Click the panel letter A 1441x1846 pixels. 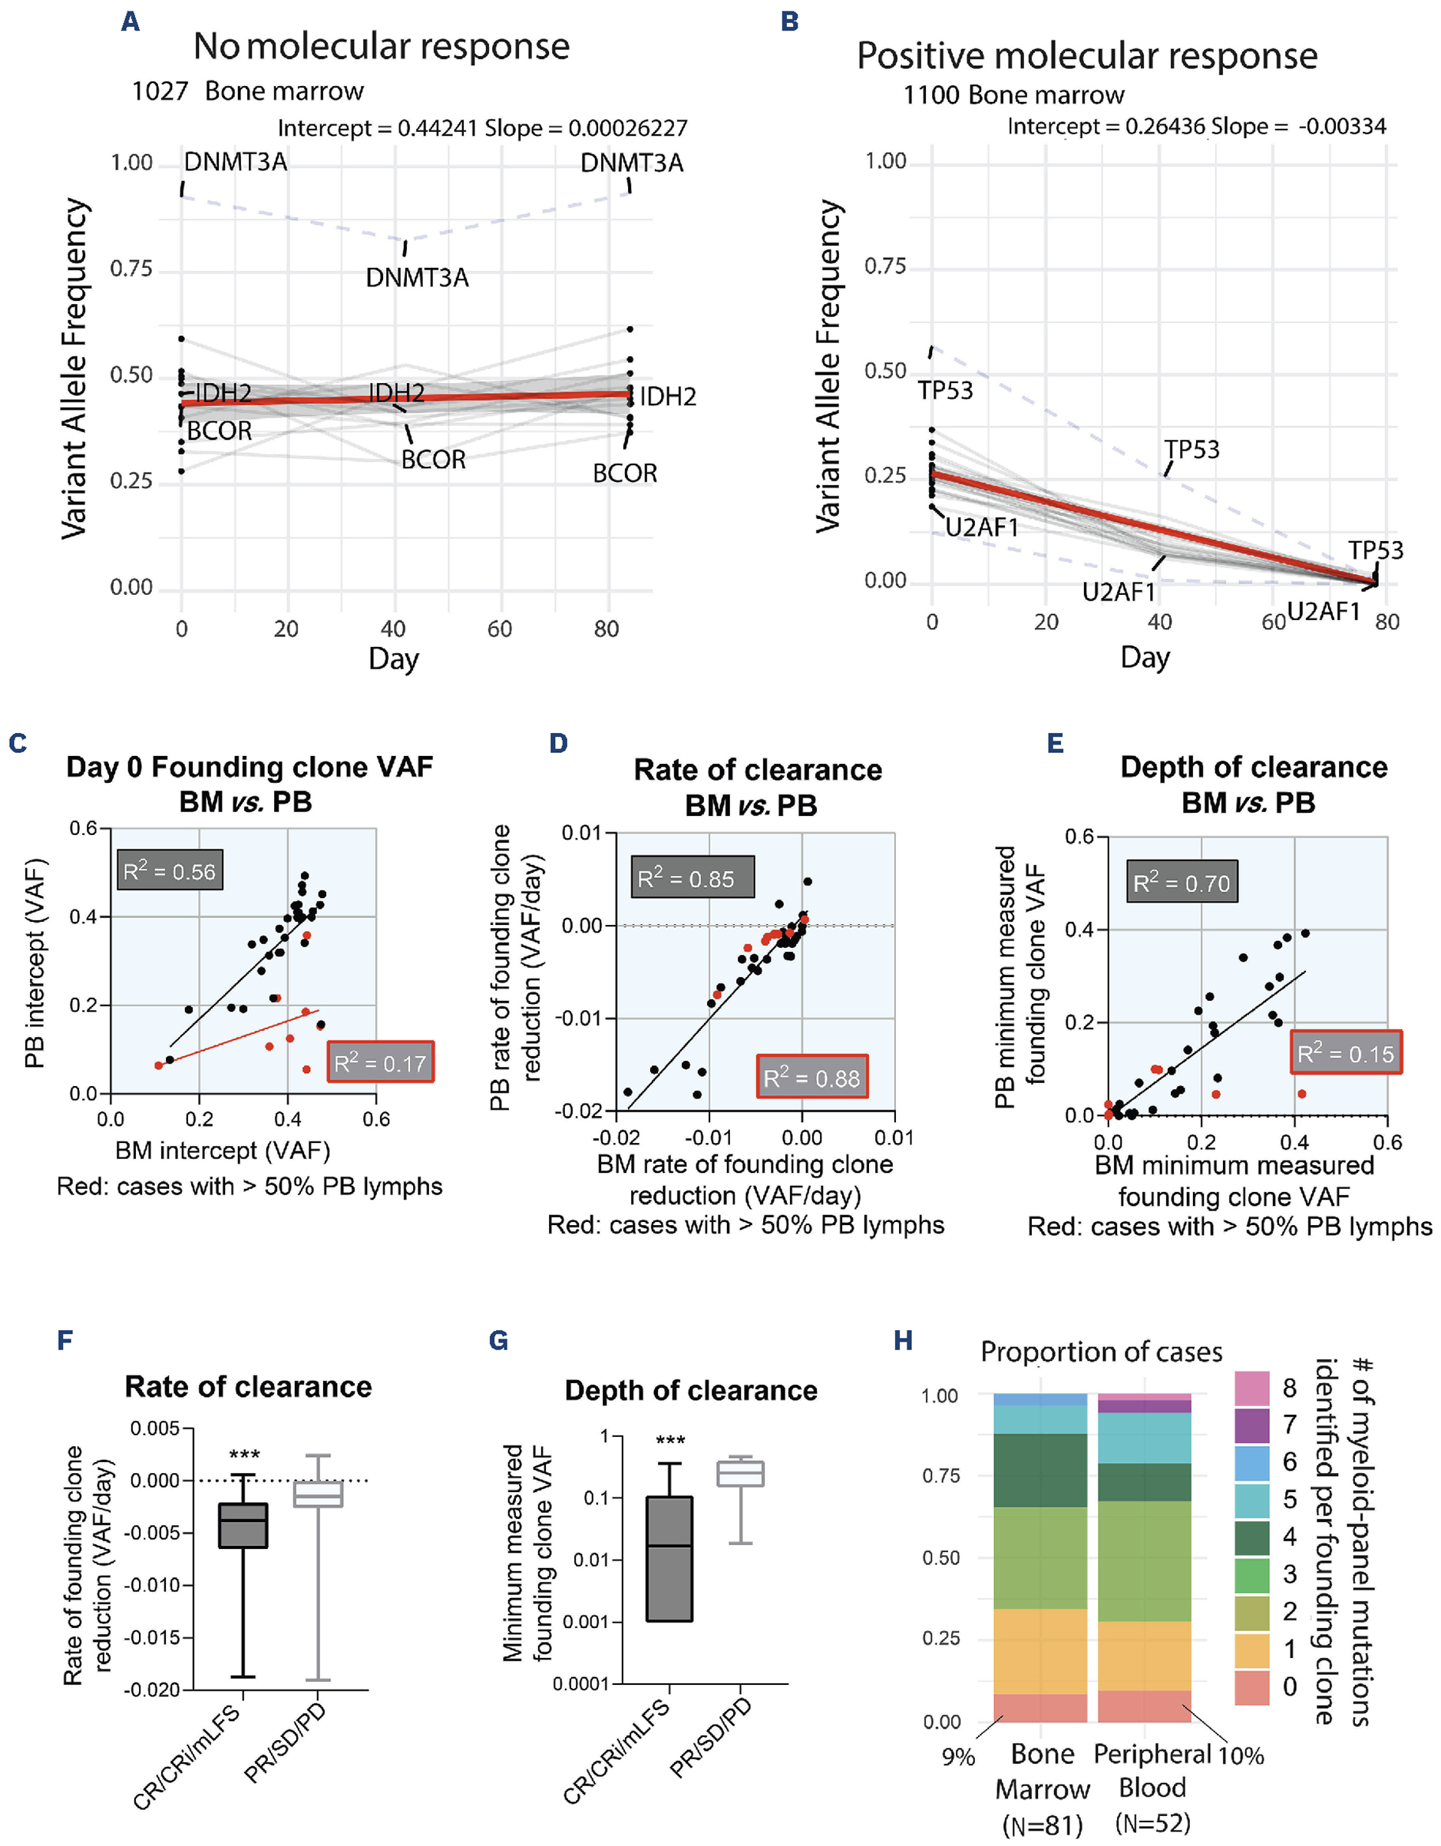pos(131,21)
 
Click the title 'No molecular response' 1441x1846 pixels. pos(381,47)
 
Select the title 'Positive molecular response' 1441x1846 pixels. pos(1087,57)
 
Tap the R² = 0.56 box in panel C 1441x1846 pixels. pos(170,870)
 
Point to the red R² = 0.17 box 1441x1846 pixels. pos(380,1062)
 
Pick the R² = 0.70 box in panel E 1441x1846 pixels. pos(1182,883)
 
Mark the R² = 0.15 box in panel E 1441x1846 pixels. pos(1346,1053)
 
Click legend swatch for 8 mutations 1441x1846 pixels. pos(1251,1389)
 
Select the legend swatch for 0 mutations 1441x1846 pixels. pos(1251,1687)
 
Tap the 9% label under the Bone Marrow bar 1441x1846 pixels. pos(958,1757)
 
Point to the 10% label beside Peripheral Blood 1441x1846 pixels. pos(1241,1755)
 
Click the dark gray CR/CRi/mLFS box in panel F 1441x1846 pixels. pos(243,1526)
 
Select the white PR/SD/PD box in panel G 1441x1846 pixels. pos(740,1473)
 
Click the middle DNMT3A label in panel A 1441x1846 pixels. pos(417,278)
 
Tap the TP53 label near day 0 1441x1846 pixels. pos(946,391)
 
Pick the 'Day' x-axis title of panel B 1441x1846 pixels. pos(1145,658)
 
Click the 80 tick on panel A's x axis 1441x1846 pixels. pos(606,629)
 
